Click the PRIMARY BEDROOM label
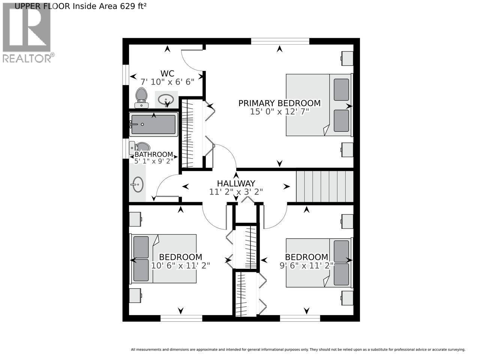(279, 103)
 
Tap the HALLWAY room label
(236, 183)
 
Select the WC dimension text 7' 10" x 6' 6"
(167, 81)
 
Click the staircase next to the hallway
(325, 186)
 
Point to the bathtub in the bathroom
(153, 125)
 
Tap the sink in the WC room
(165, 100)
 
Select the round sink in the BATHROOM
(137, 184)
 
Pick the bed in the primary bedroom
(319, 105)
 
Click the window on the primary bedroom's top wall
(280, 41)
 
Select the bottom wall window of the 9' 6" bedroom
(300, 318)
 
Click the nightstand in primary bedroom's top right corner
(347, 58)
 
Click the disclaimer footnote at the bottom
(298, 349)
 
